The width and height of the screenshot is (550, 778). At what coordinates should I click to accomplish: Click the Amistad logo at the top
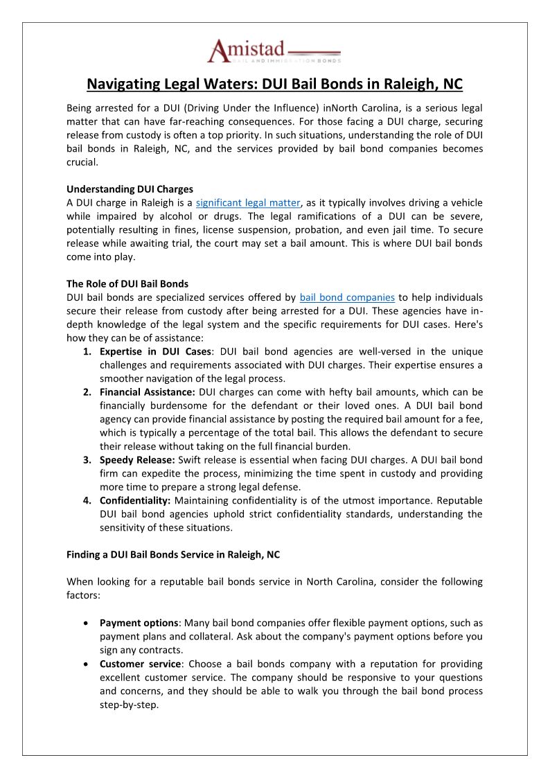click(x=274, y=53)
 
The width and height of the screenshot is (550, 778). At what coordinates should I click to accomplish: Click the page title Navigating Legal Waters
click(x=274, y=85)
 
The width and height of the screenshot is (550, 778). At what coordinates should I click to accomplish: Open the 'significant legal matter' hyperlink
click(x=248, y=202)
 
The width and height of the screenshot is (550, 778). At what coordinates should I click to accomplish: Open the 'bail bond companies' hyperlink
click(x=347, y=297)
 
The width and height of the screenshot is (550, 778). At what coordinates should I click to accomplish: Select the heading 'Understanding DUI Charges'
click(x=130, y=189)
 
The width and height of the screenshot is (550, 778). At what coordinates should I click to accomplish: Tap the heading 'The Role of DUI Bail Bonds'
click(x=127, y=284)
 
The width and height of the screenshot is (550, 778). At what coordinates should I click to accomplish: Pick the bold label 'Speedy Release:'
click(x=136, y=460)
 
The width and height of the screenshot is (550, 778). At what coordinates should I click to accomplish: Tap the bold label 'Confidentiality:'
click(x=135, y=500)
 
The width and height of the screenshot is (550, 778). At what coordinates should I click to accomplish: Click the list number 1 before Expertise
click(x=87, y=352)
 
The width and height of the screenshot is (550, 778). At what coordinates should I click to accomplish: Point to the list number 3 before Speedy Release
click(x=87, y=460)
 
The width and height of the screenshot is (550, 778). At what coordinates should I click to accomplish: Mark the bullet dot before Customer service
click(x=85, y=664)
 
